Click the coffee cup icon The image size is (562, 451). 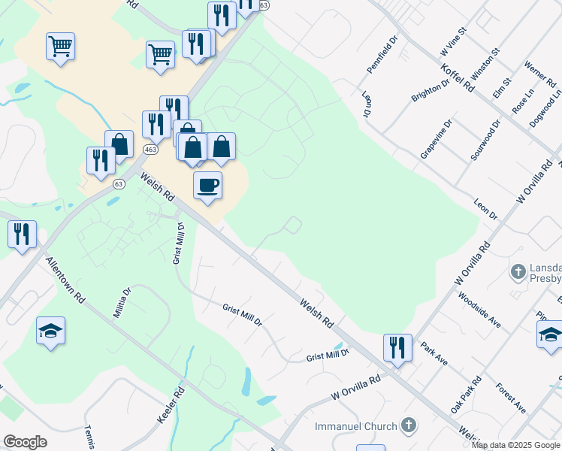[207, 185]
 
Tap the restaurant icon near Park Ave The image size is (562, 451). [397, 347]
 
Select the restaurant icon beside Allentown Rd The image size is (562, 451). [22, 234]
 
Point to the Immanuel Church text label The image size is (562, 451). [355, 426]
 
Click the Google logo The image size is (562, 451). [25, 442]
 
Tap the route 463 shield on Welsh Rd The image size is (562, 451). [150, 150]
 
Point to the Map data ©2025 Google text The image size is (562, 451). [516, 445]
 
